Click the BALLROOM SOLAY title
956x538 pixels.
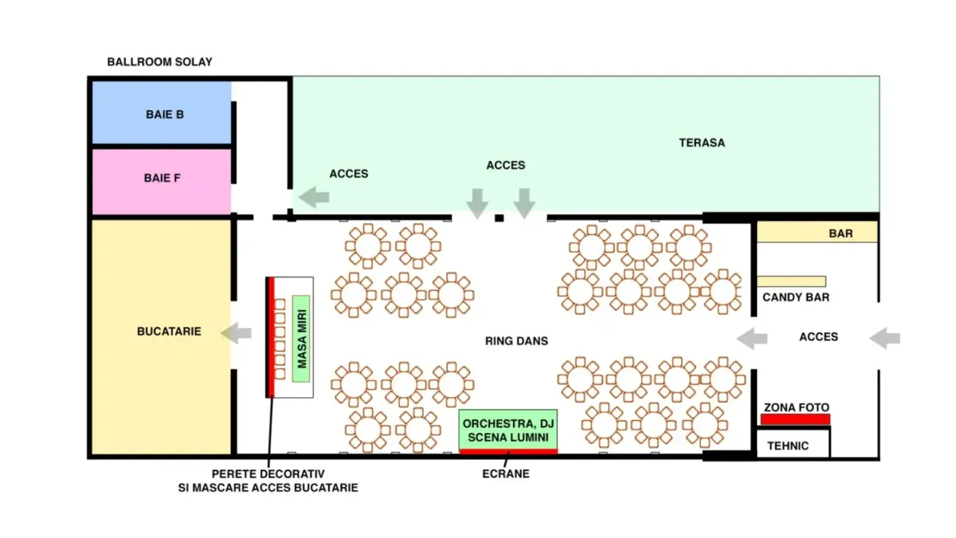click(159, 62)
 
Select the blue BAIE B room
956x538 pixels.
click(162, 112)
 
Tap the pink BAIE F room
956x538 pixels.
click(162, 182)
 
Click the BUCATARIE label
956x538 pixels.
click(169, 332)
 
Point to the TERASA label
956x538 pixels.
click(702, 143)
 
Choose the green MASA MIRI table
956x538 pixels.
click(301, 339)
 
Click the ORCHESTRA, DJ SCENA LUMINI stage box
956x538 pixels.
click(508, 430)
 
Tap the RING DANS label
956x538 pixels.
click(516, 341)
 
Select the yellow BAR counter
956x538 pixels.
click(817, 232)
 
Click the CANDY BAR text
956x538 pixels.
click(796, 297)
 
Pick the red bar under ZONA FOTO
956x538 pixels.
click(796, 419)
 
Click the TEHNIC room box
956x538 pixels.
click(793, 444)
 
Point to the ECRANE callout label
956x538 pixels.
click(506, 473)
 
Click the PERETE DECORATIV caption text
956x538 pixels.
click(268, 481)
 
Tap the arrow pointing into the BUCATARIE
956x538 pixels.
click(236, 333)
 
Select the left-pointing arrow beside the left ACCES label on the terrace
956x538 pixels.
click(314, 198)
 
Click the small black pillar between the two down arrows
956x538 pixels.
click(499, 218)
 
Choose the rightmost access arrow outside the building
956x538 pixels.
click(885, 338)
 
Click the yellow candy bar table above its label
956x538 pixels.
click(791, 281)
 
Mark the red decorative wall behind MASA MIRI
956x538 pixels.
click(271, 337)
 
